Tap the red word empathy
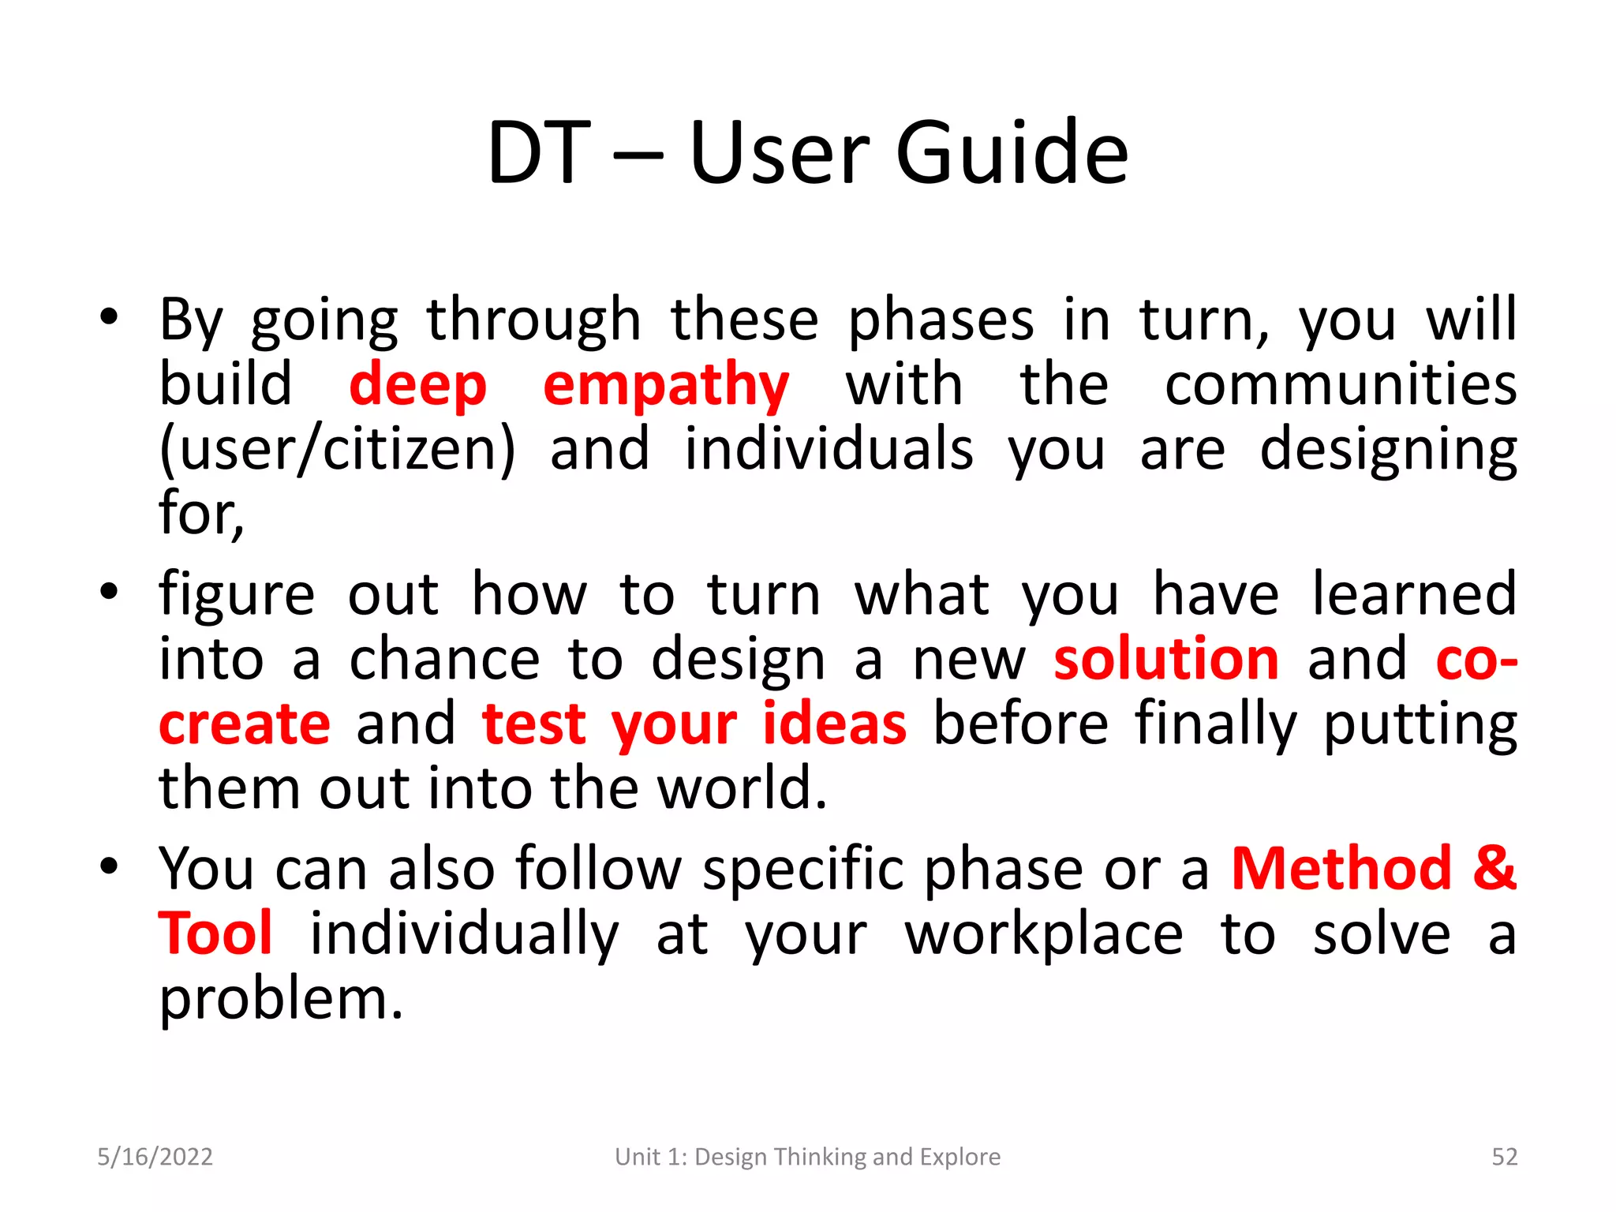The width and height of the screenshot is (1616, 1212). pos(666,386)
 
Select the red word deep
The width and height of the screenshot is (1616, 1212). pos(417,386)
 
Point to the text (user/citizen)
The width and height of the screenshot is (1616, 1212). pos(337,450)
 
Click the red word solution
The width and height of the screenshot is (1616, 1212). pos(1166,659)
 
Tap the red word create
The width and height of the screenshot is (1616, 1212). pos(245,724)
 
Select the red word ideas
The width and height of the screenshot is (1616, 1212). pos(834,724)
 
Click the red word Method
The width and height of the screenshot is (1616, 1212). pos(1341,869)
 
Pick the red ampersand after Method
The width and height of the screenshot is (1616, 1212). pos(1494,869)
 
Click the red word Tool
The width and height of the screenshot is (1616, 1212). pos(215,933)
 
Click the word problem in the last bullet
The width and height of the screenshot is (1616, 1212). pos(280,1000)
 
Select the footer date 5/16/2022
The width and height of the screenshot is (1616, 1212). pos(155,1157)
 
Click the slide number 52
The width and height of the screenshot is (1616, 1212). pos(1504,1157)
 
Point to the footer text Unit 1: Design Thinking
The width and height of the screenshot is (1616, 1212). pos(807,1157)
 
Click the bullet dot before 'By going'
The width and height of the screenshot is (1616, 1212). pos(109,317)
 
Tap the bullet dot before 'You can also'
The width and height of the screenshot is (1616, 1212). pos(109,866)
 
